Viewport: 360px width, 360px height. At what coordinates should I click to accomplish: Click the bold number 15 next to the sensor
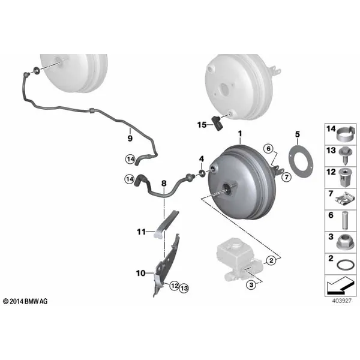point(202,125)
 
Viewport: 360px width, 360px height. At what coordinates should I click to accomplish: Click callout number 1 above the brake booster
point(240,133)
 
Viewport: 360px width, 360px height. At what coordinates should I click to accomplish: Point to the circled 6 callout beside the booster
point(268,149)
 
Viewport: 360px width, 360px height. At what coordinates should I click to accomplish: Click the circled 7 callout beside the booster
point(286,177)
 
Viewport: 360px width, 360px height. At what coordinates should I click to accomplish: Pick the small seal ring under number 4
point(202,173)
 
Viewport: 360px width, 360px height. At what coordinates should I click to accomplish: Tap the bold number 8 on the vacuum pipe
point(164,184)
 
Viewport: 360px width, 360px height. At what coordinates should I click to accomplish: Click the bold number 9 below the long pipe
point(130,138)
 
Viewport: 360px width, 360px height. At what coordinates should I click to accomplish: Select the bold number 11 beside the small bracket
point(141,232)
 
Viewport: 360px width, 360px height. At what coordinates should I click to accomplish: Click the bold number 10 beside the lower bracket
point(141,273)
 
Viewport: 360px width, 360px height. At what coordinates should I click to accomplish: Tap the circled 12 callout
point(175,286)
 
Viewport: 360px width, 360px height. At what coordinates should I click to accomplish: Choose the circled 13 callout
point(184,288)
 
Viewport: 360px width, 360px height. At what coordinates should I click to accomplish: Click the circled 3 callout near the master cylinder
point(251,285)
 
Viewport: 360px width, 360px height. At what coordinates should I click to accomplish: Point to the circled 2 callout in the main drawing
point(271,260)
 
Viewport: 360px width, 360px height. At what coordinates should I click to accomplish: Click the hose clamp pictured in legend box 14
point(346,134)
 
